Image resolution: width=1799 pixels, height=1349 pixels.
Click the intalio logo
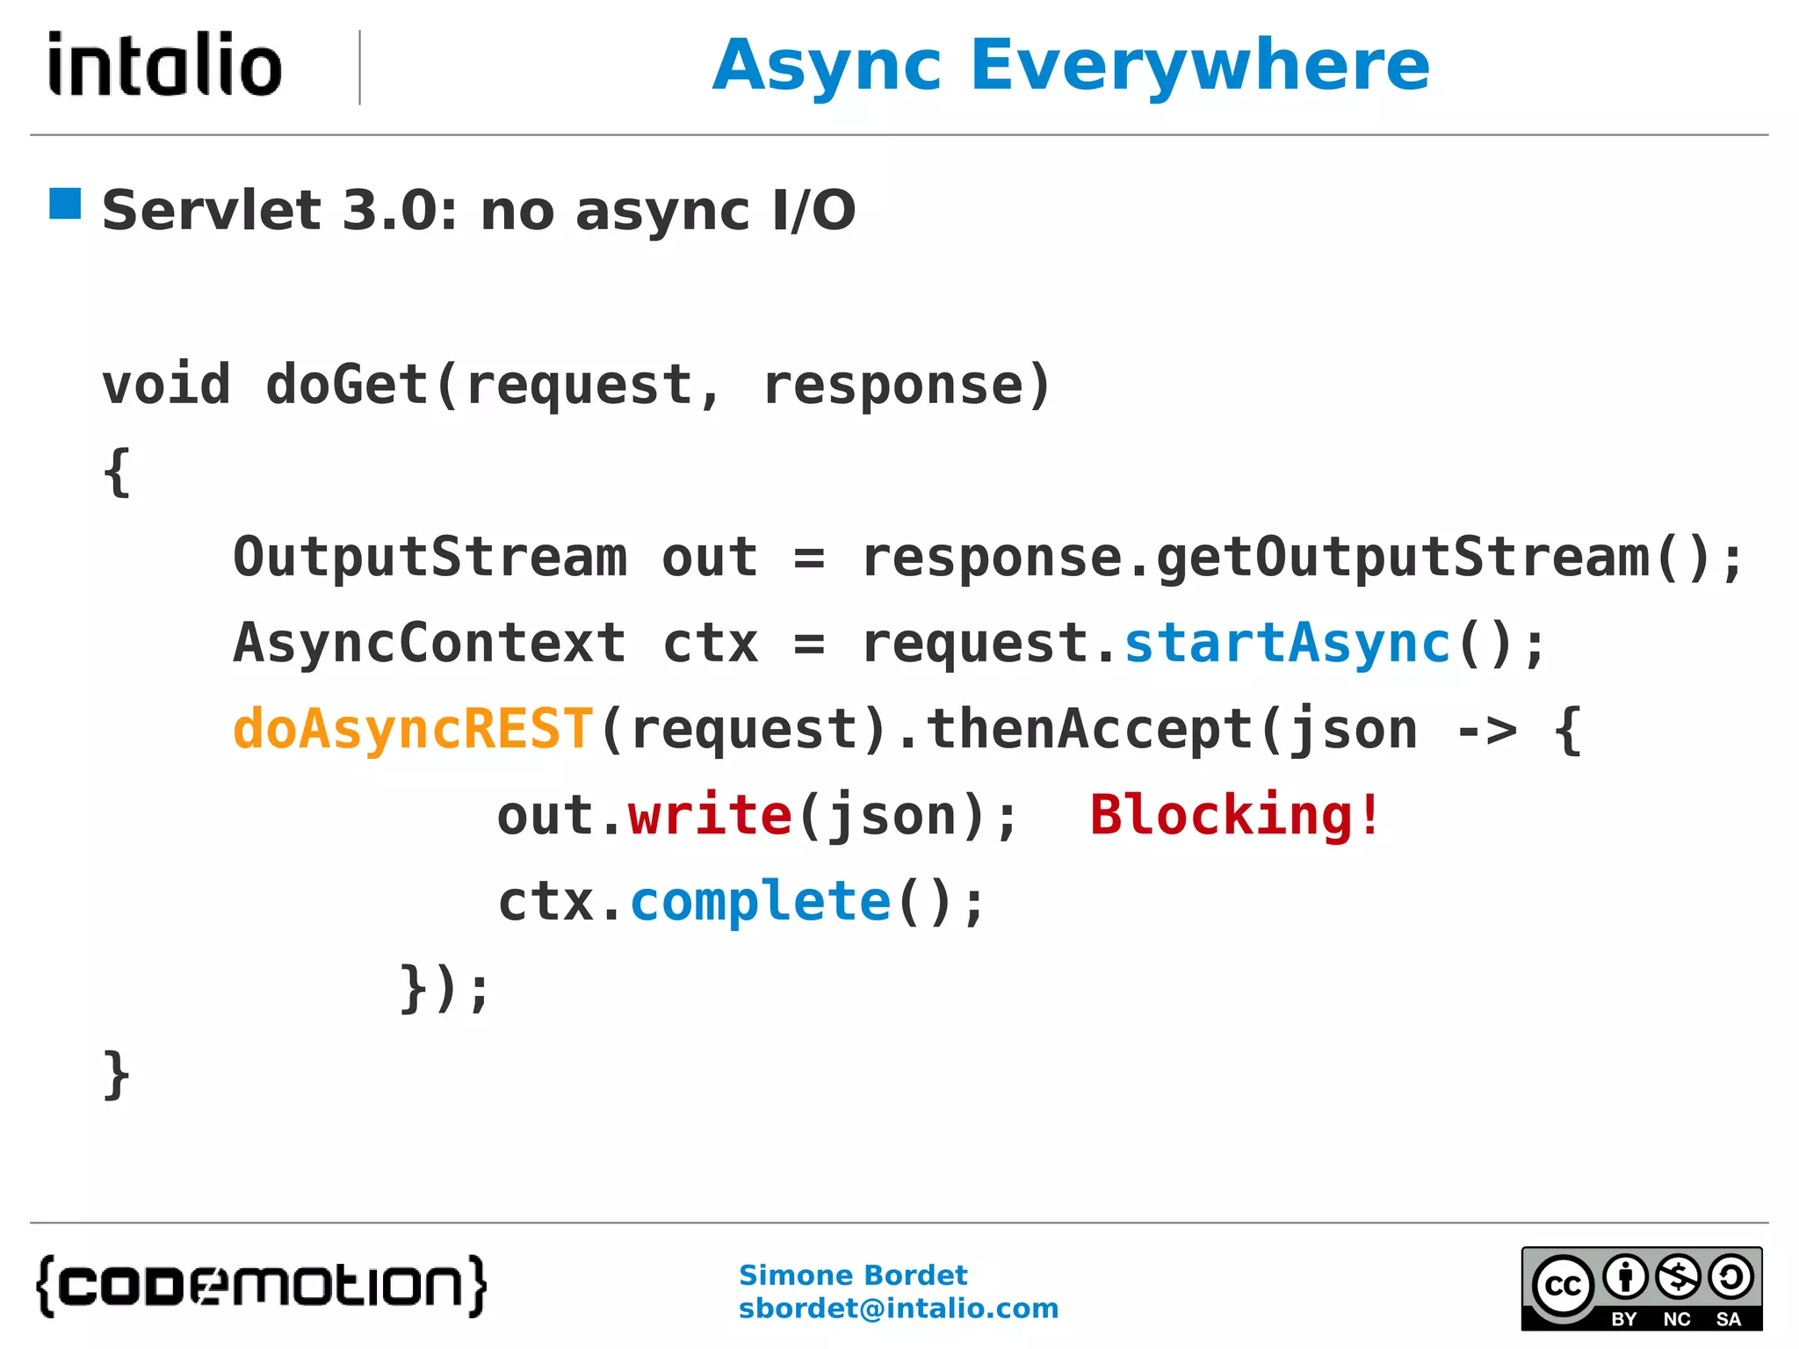[x=165, y=65]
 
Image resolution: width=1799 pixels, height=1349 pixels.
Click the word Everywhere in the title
[x=1200, y=67]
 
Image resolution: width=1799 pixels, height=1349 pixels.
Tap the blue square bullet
[x=65, y=204]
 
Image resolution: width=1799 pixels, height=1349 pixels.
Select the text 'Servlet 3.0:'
[x=279, y=211]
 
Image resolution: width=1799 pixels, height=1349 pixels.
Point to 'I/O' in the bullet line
[x=813, y=211]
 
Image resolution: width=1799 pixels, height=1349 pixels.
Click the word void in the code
[x=166, y=385]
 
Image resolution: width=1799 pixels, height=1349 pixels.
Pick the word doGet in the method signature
[x=347, y=385]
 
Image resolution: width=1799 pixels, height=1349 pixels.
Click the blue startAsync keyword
[x=1287, y=643]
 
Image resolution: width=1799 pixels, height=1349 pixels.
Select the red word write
[x=710, y=815]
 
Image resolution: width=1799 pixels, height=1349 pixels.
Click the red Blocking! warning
[x=1235, y=815]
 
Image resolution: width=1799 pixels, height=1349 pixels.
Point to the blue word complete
[x=761, y=901]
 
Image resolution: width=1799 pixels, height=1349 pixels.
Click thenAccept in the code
[x=1089, y=729]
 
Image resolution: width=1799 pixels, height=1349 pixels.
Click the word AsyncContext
[x=430, y=643]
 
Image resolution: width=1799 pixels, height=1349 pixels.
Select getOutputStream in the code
[x=1403, y=557]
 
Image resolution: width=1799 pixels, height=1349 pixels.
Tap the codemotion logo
[x=262, y=1286]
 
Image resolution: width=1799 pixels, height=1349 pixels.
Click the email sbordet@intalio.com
[x=898, y=1309]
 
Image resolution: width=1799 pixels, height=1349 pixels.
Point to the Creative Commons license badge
[x=1641, y=1288]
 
